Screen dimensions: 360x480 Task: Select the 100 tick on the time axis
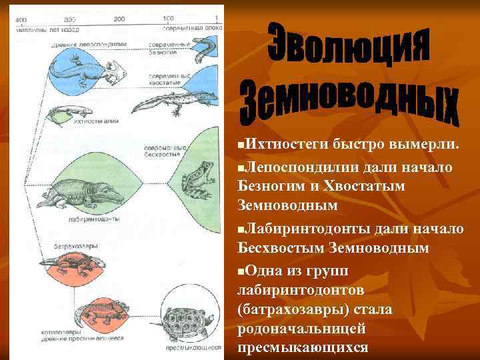168,18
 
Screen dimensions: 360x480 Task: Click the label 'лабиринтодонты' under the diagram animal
94,217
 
